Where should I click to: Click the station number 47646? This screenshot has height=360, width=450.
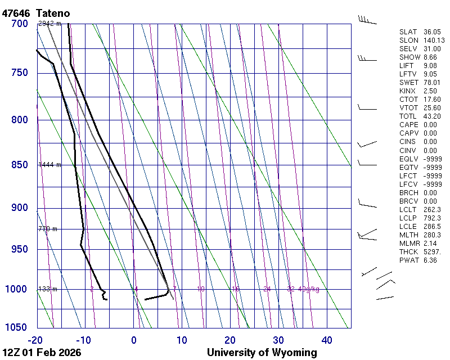(x=16, y=12)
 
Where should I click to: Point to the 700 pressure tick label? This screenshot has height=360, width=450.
(x=19, y=24)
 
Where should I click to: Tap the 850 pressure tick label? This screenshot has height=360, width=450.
(x=19, y=165)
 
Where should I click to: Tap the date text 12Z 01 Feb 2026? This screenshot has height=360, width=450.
(x=42, y=353)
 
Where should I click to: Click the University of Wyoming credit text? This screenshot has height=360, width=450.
(x=262, y=353)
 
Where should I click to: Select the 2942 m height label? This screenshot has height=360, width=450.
(x=49, y=24)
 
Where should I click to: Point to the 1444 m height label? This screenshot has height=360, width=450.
(x=49, y=165)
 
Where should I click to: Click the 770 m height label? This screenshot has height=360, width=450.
(x=47, y=229)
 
